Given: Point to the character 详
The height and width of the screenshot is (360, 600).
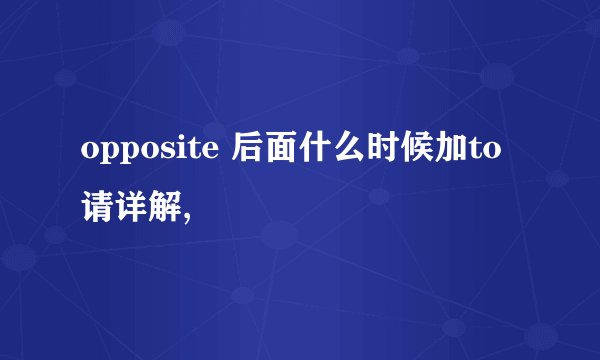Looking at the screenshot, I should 131,208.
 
